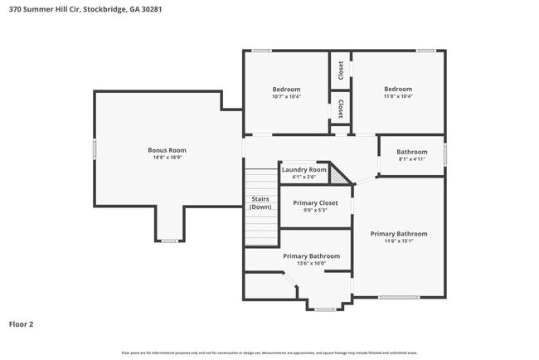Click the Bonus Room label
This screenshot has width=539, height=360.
167,150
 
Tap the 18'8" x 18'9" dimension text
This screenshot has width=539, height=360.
167,158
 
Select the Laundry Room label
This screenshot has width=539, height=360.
304,169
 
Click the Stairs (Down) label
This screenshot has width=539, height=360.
260,202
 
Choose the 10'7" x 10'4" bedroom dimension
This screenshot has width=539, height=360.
286,96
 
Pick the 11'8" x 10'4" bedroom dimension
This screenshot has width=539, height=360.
397,96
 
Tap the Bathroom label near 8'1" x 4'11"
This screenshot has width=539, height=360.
411,152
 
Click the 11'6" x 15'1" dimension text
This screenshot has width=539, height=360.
399,242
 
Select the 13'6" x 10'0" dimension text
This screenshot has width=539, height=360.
311,264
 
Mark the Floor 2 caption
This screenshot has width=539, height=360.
22,324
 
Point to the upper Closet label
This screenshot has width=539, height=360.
341,70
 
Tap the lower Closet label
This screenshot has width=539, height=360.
341,109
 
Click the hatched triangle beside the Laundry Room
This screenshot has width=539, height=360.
337,175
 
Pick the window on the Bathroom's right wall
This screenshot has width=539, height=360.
445,154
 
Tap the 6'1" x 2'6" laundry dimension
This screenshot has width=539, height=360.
304,177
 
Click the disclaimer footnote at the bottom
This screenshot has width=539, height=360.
269,353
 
